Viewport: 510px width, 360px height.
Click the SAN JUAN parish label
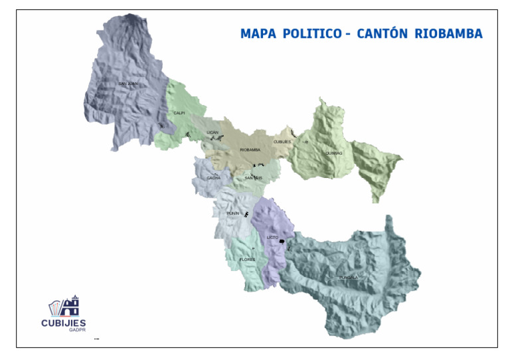[x=127, y=84]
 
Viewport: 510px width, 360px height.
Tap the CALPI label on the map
[x=179, y=113]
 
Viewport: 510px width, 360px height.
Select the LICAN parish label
[x=212, y=132]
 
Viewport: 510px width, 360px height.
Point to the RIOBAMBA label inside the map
[x=250, y=150]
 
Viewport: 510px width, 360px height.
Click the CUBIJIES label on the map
[x=282, y=141]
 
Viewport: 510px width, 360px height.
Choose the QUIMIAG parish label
[x=334, y=153]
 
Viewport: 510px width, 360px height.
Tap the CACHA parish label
[x=213, y=178]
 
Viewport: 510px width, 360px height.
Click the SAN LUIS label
[x=254, y=178]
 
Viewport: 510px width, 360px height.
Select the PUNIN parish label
[x=232, y=213]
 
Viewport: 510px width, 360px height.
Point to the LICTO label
[x=272, y=237]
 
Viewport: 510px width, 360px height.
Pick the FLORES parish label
[x=247, y=259]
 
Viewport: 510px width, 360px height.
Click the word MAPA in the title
[x=258, y=34]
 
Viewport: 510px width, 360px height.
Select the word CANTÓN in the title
[x=382, y=34]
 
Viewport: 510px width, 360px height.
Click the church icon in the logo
[x=70, y=306]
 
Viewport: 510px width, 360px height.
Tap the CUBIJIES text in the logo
[x=64, y=323]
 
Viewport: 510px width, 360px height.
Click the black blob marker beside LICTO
[x=282, y=241]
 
